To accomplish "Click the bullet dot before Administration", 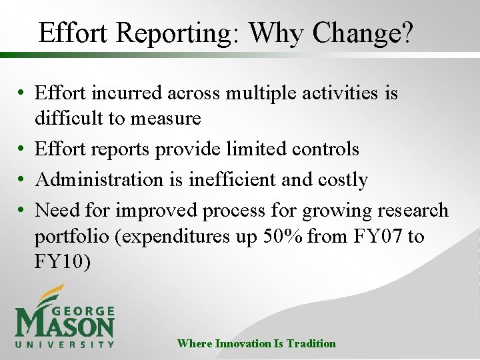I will click(x=23, y=181).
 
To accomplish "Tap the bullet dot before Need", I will click(x=23, y=211).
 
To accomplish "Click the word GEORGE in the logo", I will click(x=85, y=311).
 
